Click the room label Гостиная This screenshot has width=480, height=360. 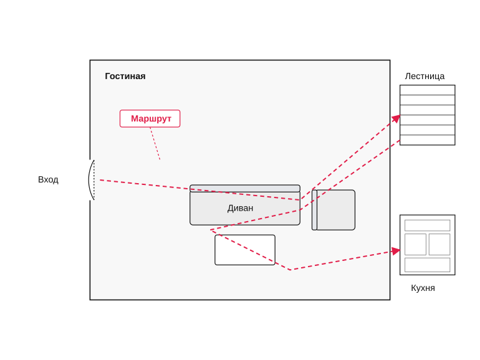coord(125,76)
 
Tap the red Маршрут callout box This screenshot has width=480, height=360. coord(150,118)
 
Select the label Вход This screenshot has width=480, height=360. coord(48,179)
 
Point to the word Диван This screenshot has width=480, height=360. coord(240,208)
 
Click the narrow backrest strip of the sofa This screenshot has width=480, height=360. coord(245,189)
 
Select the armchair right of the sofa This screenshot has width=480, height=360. coord(334,210)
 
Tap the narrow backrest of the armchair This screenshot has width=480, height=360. coord(314,210)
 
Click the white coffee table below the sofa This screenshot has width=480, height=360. coord(245,250)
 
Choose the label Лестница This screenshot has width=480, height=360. coord(425,76)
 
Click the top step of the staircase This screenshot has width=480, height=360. coord(428,90)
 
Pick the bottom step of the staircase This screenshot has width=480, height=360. coord(428,140)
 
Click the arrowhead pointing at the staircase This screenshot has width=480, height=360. coord(396,118)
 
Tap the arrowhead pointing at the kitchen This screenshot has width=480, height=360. coord(396,251)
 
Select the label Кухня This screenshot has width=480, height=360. coord(423,288)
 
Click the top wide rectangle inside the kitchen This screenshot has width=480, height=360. coord(428,225)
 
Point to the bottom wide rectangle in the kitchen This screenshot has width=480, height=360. coord(428,265)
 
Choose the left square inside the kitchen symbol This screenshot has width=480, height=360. coord(415,244)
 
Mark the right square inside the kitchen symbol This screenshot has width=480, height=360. coord(439,244)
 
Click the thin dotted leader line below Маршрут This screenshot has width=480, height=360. coord(155,143)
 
